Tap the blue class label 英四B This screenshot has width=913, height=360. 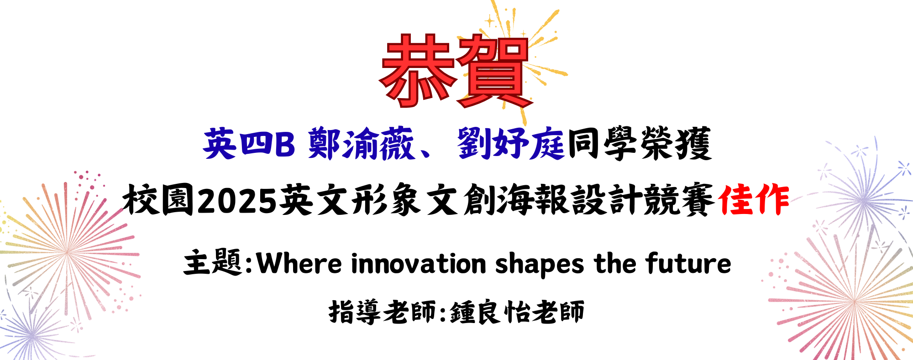(x=249, y=144)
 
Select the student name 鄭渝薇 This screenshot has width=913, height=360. (x=361, y=144)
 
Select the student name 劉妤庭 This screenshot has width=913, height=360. (x=511, y=144)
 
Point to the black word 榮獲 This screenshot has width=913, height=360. (x=676, y=144)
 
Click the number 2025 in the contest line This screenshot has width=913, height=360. (x=237, y=200)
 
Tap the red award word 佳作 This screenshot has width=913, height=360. (x=753, y=200)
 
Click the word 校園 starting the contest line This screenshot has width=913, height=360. (x=158, y=200)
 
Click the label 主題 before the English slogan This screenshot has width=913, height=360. (x=212, y=263)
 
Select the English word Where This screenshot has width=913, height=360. (x=299, y=264)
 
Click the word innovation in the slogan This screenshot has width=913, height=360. (x=419, y=264)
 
